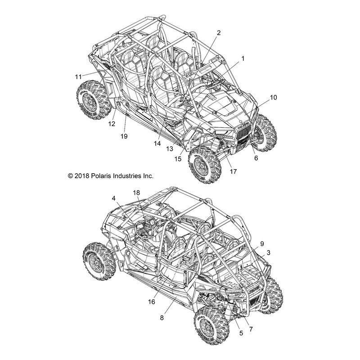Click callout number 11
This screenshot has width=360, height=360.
click(78, 76)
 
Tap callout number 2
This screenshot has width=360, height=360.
click(219, 33)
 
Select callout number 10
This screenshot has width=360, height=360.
click(273, 97)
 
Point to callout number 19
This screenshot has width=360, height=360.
click(124, 136)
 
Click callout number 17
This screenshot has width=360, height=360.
click(233, 171)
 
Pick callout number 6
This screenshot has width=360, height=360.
click(256, 158)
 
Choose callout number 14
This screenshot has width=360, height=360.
click(157, 144)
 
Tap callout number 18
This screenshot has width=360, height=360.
click(136, 193)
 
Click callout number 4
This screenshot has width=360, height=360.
click(114, 198)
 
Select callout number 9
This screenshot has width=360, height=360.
click(262, 243)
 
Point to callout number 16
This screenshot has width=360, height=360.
click(152, 301)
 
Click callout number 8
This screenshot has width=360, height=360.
click(162, 318)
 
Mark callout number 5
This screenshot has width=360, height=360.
click(241, 333)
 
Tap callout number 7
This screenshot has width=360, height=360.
click(251, 329)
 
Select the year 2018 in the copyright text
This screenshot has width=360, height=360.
click(82, 176)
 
